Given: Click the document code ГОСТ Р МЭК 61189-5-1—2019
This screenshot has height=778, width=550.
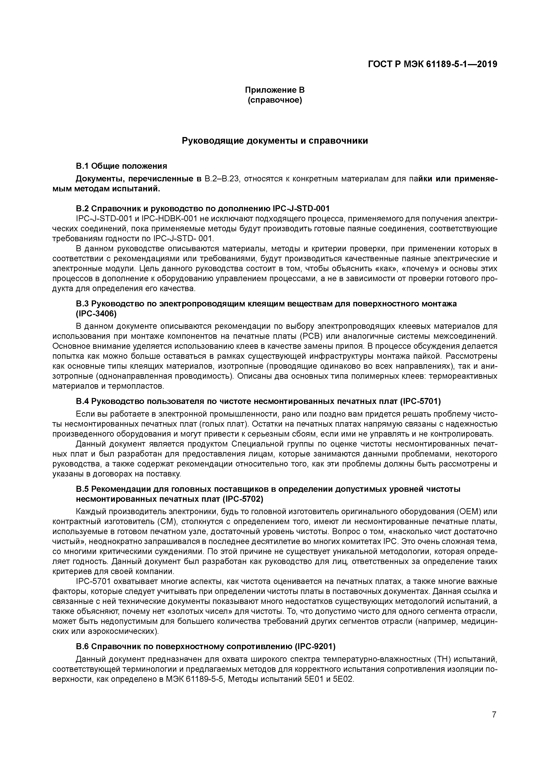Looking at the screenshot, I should pyautogui.click(x=433, y=64).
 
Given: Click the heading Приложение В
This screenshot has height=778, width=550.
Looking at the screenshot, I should pyautogui.click(x=275, y=90).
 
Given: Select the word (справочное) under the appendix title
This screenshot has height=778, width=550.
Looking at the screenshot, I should pyautogui.click(x=275, y=100).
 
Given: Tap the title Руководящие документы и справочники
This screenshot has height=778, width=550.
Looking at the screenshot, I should pyautogui.click(x=275, y=141).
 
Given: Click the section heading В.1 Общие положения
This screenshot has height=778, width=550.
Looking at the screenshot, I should pyautogui.click(x=121, y=166).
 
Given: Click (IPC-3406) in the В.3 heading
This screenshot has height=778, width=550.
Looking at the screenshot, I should pyautogui.click(x=96, y=314).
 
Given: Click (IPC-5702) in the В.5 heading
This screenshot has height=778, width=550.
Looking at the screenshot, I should pyautogui.click(x=243, y=500).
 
